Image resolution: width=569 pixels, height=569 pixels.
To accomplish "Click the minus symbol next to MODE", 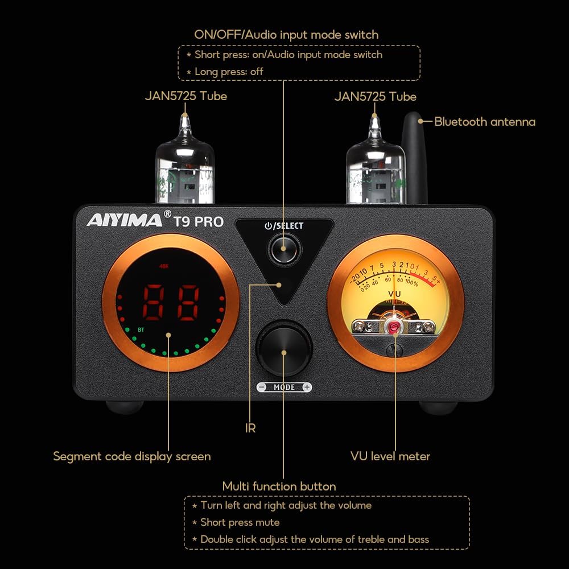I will coord(262,387).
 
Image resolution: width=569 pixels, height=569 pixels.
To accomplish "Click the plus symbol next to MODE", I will coord(307,387).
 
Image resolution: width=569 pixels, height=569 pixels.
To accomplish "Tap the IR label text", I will coord(250,428).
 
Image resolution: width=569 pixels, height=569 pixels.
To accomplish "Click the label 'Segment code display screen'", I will coord(132,456).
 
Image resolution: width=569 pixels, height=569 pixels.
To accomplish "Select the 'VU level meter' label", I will coord(390,456).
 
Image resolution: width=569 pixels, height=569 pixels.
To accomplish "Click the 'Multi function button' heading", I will coord(279,486).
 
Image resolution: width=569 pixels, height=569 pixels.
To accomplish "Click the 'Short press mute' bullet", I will coord(239,522).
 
